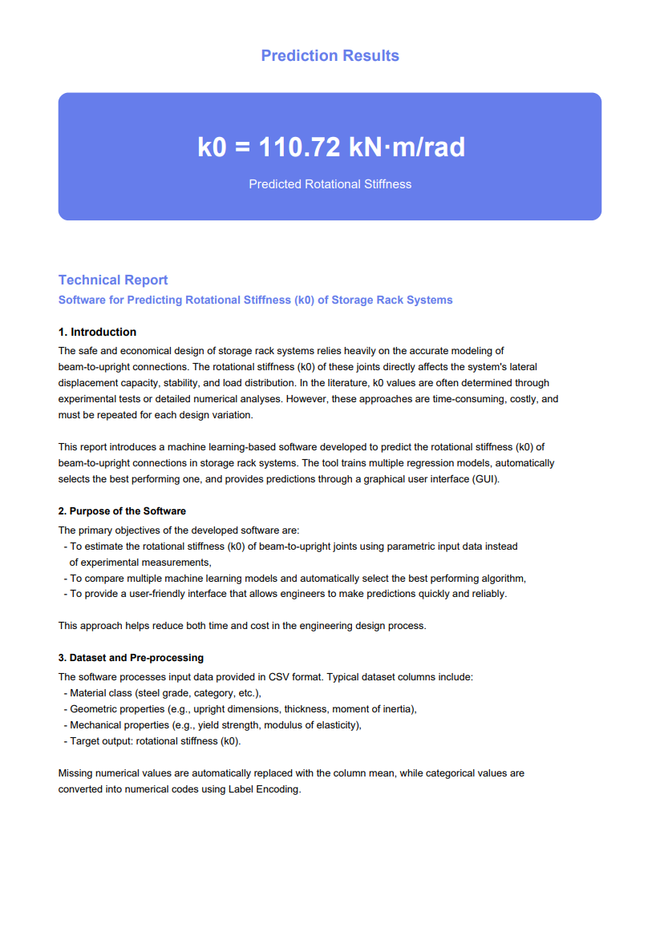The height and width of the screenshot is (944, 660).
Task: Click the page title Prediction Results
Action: [330, 55]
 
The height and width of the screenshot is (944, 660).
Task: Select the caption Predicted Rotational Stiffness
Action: [330, 184]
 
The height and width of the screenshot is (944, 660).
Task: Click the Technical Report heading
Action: [113, 280]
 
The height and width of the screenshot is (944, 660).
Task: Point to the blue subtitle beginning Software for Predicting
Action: [255, 300]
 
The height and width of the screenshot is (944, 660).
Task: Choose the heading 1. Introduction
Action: [97, 332]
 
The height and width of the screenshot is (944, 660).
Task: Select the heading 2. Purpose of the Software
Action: [122, 510]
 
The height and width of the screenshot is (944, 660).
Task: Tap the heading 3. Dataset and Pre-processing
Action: [131, 658]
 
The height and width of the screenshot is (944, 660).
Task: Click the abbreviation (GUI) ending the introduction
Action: [484, 479]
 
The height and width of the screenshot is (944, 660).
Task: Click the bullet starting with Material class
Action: [165, 693]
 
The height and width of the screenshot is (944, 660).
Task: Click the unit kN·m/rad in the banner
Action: [407, 147]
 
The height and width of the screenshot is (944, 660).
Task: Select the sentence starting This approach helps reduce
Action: [242, 626]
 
